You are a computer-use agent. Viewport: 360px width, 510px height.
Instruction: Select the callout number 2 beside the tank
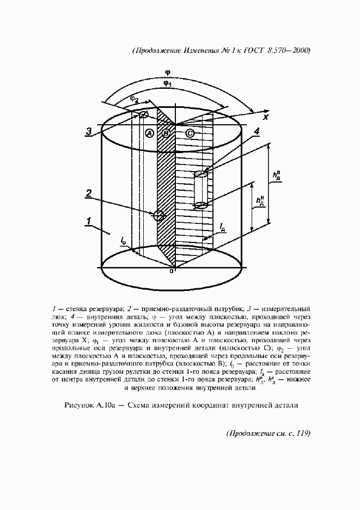[x=88, y=192]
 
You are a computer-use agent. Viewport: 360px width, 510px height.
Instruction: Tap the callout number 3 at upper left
[x=88, y=131]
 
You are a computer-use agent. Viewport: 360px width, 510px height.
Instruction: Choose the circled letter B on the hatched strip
[x=167, y=133]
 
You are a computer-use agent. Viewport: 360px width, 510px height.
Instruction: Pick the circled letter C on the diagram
[x=189, y=133]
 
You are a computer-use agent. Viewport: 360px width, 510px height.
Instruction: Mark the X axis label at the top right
[x=265, y=116]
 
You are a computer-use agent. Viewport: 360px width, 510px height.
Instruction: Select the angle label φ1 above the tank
[x=168, y=84]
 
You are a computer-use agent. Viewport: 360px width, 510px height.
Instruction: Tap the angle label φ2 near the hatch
[x=134, y=99]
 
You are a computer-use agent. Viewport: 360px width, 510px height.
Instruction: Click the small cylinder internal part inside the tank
[x=201, y=189]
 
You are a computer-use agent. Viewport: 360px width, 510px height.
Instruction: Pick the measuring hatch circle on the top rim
[x=144, y=114]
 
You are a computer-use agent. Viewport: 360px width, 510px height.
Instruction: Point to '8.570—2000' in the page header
[x=289, y=51]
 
